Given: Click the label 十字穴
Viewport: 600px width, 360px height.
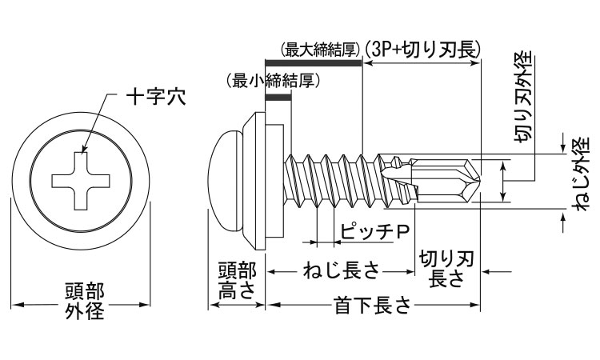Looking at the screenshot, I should coord(156,98).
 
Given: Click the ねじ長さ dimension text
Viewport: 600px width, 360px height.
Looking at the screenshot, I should coord(341,272).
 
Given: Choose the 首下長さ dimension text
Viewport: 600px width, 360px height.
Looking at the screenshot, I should coord(373,305).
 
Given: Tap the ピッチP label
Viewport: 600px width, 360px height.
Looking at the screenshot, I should coord(374,232).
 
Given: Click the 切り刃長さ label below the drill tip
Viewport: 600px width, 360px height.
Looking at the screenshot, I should coord(448,269).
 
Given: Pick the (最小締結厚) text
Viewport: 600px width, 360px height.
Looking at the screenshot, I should coord(268,81).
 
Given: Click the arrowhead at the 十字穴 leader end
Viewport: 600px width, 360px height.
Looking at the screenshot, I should coord(82,151).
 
